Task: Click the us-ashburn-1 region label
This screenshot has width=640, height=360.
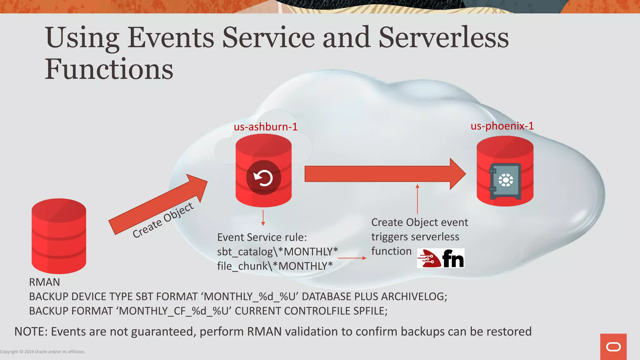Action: (x=266, y=127)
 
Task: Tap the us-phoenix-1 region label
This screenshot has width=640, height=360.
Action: (x=502, y=126)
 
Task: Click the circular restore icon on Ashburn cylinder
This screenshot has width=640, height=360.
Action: (x=263, y=178)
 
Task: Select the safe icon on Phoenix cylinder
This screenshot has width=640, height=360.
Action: (x=505, y=181)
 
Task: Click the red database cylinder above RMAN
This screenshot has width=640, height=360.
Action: (x=59, y=236)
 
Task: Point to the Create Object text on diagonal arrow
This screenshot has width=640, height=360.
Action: (x=163, y=220)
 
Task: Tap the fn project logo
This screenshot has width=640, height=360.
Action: (x=441, y=258)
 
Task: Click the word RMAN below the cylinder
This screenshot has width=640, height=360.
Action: (x=44, y=282)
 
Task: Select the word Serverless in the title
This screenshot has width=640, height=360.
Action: (x=444, y=37)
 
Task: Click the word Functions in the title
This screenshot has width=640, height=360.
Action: (x=109, y=69)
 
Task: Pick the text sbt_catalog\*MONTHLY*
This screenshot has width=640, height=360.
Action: (x=277, y=252)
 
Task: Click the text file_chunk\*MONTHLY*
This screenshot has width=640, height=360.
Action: (x=275, y=266)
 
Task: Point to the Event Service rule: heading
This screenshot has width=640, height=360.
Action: (x=262, y=237)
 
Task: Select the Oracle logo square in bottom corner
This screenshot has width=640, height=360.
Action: (x=613, y=347)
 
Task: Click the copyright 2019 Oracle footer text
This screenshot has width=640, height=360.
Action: (x=42, y=352)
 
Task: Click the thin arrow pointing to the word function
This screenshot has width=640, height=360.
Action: (x=352, y=258)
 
